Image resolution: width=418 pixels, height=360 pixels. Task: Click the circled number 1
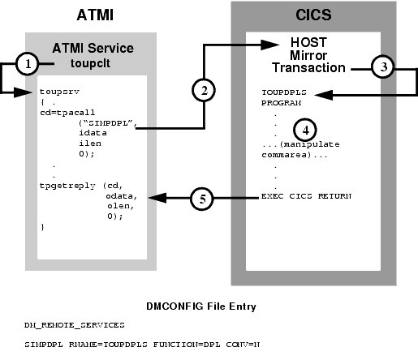tap(28, 62)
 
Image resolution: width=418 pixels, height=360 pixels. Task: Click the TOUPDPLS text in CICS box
tap(284, 92)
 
